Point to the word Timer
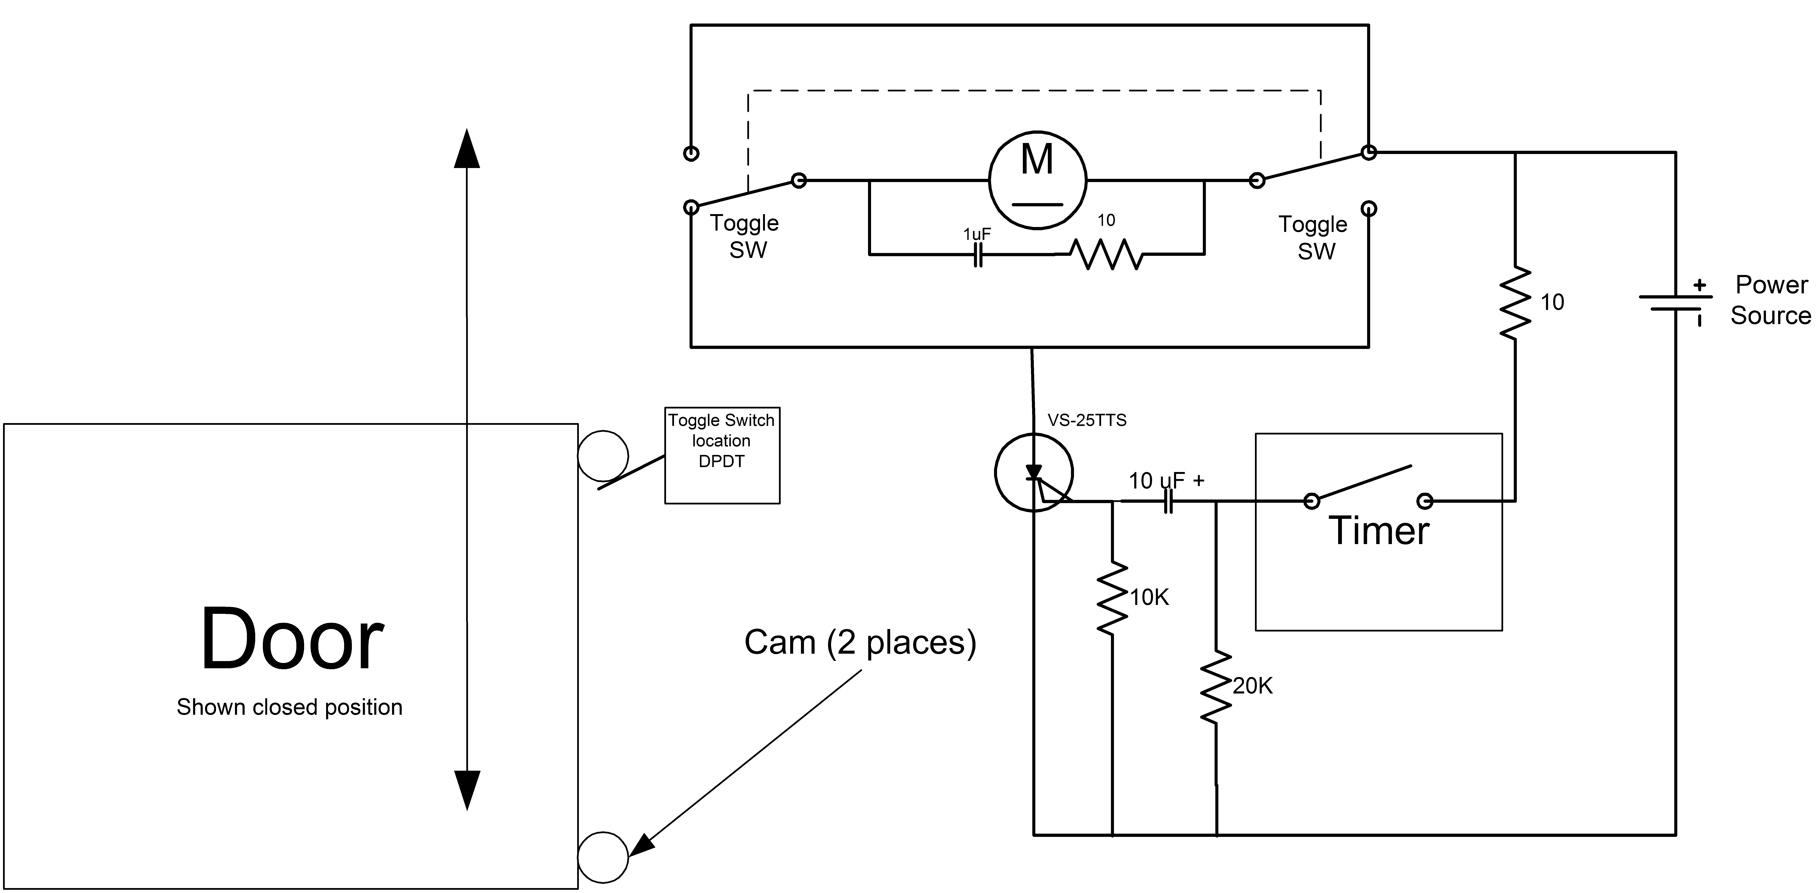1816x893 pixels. click(x=1379, y=530)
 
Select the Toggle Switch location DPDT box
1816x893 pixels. click(x=722, y=456)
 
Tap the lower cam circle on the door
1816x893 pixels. click(x=603, y=857)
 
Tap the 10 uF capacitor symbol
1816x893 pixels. click(x=1167, y=502)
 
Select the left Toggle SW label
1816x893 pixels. click(x=745, y=236)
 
